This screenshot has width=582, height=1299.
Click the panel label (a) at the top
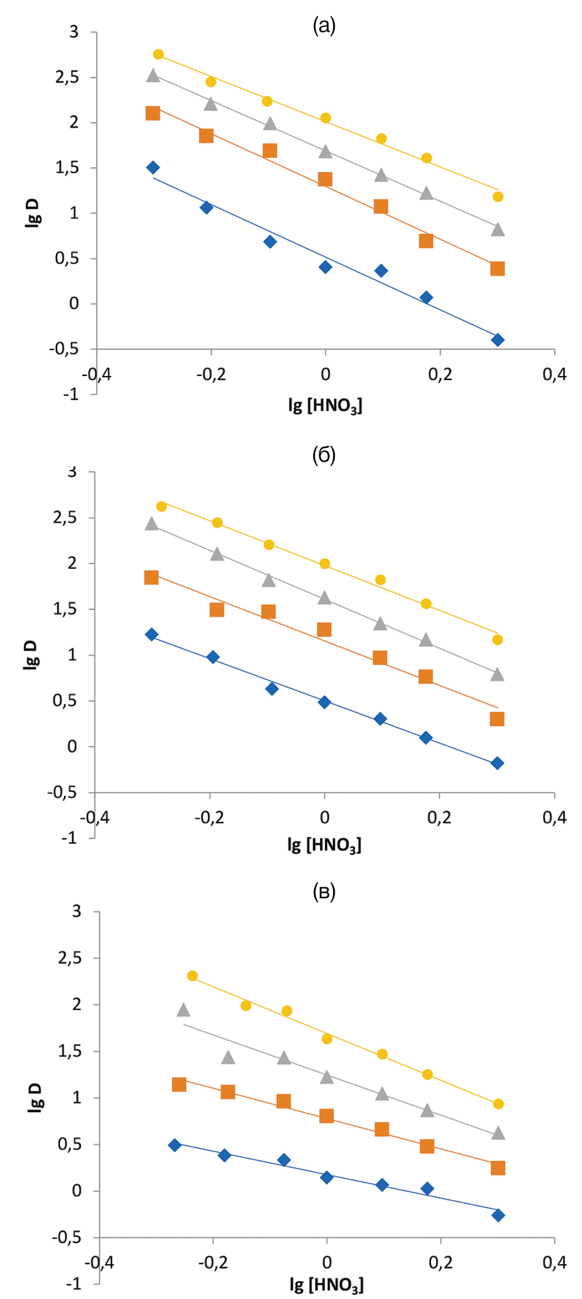[x=324, y=25]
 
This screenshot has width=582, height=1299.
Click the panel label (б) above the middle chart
[x=324, y=455]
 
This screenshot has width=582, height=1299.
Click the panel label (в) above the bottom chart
[x=324, y=891]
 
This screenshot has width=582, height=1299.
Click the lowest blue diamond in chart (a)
[x=497, y=340]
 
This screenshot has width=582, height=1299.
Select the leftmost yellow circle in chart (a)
[x=158, y=54]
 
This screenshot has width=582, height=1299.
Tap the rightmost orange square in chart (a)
[x=497, y=269]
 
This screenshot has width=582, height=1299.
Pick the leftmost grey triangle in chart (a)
[x=153, y=75]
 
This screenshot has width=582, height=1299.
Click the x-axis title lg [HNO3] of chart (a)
[x=325, y=405]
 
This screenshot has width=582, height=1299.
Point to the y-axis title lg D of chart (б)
[x=31, y=655]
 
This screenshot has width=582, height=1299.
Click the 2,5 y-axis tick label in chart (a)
[x=67, y=77]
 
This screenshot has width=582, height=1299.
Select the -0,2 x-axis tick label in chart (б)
[x=209, y=817]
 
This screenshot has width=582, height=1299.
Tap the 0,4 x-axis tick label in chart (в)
[x=555, y=1262]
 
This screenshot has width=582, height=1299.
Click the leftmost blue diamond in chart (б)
[x=152, y=634]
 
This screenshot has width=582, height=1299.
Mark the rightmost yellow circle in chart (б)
[x=497, y=640]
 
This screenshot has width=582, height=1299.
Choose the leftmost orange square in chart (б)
[x=152, y=578]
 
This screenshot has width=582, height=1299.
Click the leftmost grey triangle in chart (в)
[x=183, y=1010]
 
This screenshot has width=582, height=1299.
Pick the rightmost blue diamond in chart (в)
[x=498, y=1215]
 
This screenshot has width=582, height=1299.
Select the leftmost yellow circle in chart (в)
[x=193, y=976]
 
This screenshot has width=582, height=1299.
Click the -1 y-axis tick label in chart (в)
[x=74, y=1283]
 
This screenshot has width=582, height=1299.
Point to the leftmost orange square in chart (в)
[x=179, y=1084]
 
